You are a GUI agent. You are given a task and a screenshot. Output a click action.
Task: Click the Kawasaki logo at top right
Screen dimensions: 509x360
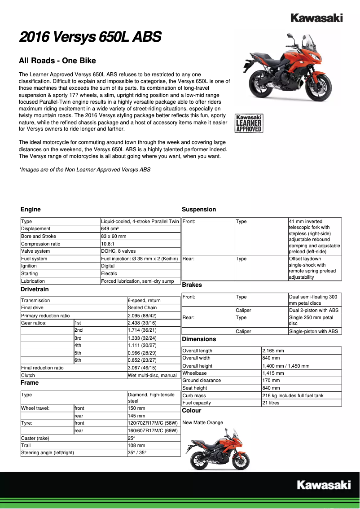tap(316, 18)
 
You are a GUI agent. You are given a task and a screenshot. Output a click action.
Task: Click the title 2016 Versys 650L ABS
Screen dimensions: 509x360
tap(90, 37)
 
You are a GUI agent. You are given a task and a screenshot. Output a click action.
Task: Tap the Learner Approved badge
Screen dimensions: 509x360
tap(249, 123)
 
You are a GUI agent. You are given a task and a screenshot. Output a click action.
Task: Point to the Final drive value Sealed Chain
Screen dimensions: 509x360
tap(142, 308)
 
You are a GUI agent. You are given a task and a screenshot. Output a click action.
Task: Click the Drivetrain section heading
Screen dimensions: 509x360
tap(35, 290)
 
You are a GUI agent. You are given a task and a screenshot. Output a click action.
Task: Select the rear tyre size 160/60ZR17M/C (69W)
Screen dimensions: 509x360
tap(153, 431)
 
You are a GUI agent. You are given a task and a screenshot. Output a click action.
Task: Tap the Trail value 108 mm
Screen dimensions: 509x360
tap(136, 446)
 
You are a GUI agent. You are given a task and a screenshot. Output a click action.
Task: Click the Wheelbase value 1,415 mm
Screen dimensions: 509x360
tap(273, 373)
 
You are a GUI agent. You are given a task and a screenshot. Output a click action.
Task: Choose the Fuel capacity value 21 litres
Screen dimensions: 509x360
tap(271, 403)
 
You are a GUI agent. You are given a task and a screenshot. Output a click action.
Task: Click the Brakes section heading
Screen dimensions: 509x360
tap(192, 285)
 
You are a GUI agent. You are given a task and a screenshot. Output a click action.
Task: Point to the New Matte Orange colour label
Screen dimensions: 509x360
tap(202, 422)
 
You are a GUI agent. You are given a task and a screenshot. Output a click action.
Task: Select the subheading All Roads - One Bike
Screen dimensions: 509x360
tap(57, 61)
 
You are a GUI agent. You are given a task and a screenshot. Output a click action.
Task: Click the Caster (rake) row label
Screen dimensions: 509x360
tap(35, 438)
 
